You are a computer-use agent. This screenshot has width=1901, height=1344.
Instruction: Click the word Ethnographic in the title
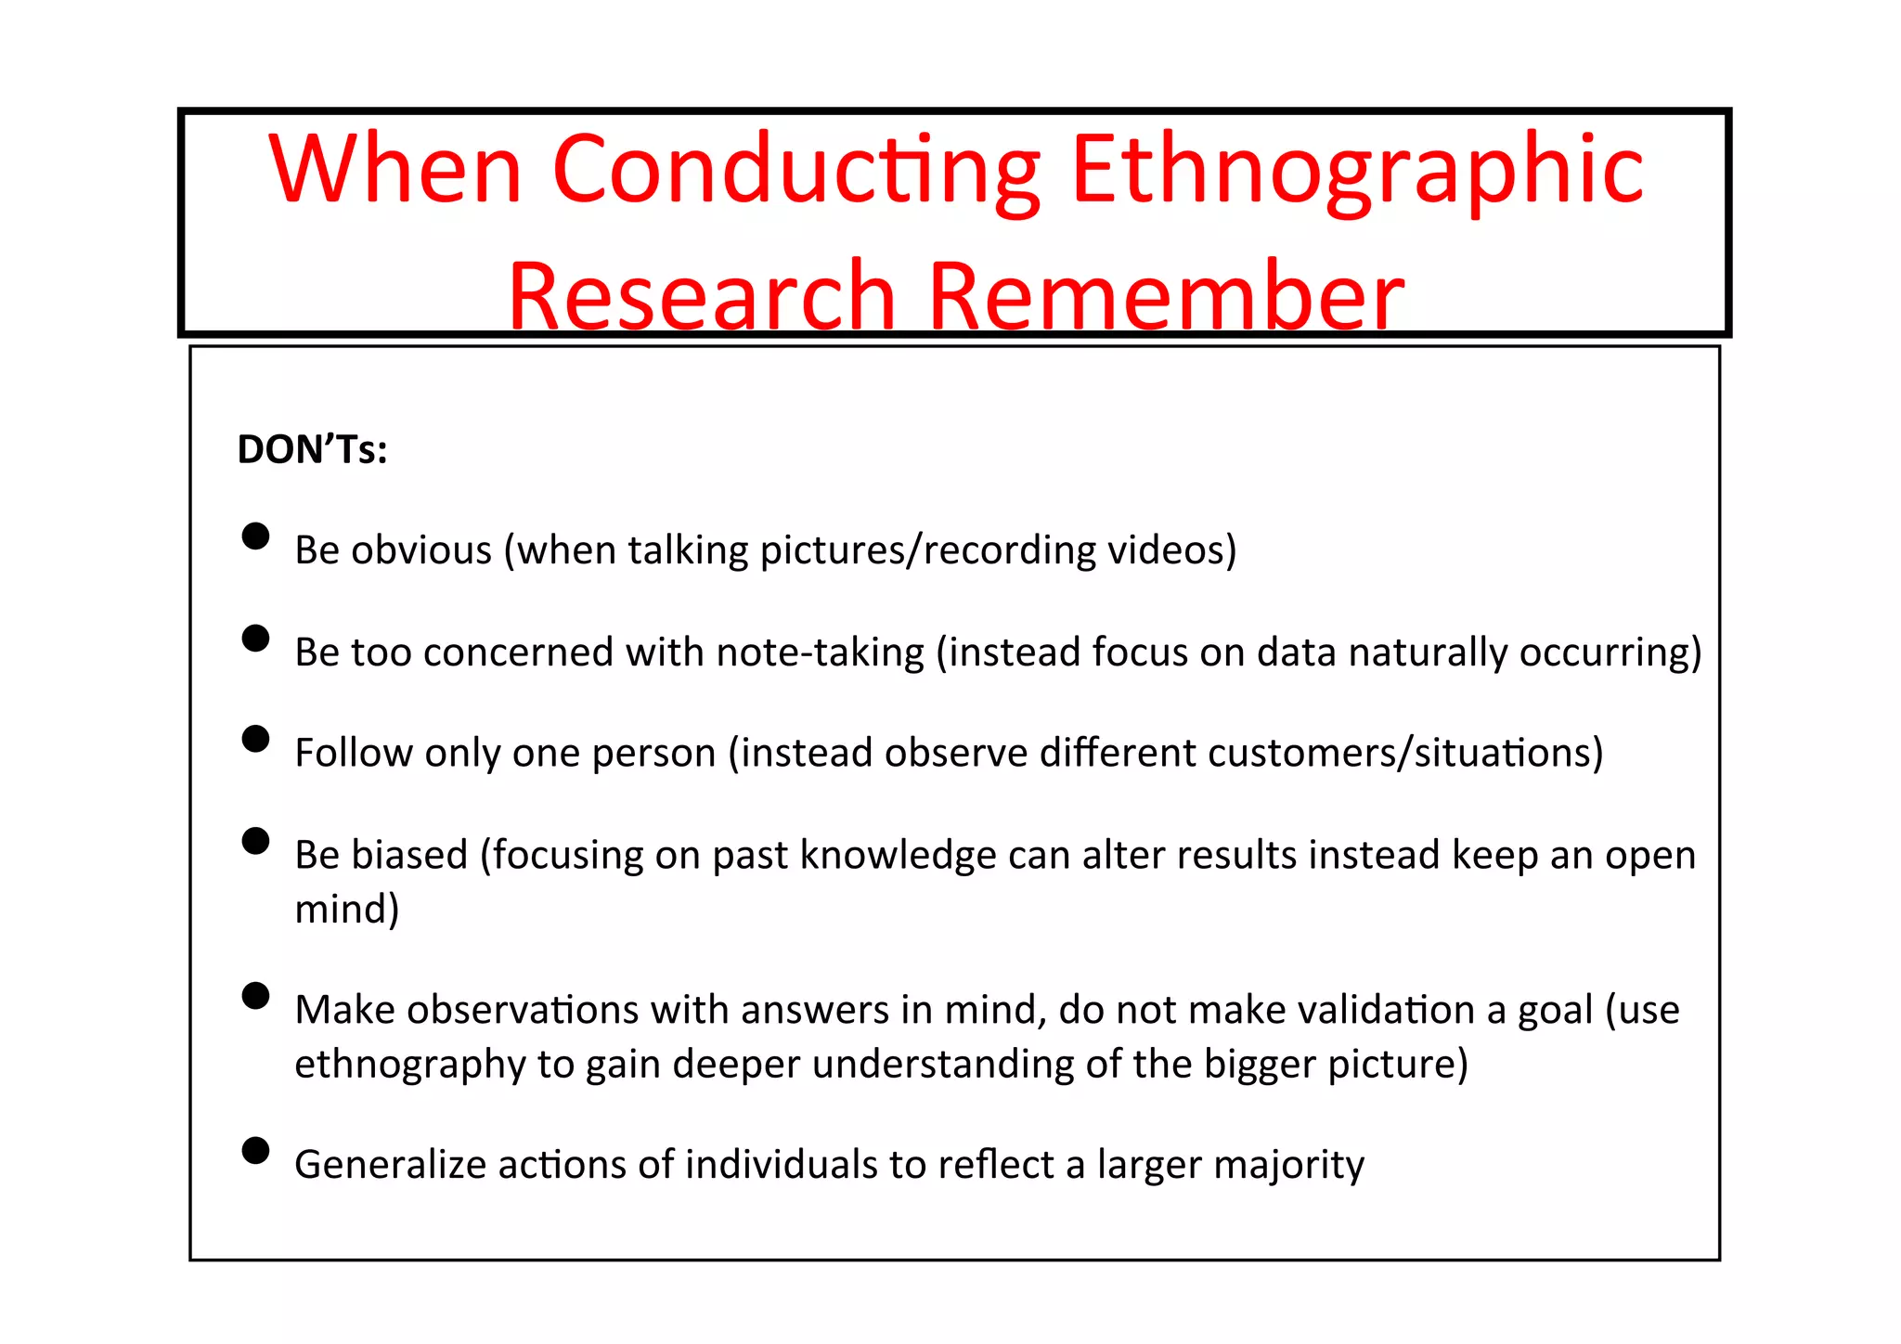1357,171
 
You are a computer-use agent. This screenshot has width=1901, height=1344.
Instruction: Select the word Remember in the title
1166,297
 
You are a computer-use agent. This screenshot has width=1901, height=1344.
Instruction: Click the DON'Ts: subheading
312,450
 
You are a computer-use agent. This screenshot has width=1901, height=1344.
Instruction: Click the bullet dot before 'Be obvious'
255,536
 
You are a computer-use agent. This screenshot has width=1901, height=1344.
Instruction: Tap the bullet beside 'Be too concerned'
255,639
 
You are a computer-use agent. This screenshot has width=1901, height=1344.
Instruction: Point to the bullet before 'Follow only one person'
255,739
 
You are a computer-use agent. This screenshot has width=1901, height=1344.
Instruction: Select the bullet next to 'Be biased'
255,841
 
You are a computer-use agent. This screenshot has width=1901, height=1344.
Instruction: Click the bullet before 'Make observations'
255,996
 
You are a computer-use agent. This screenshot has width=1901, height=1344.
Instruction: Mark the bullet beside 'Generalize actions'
255,1151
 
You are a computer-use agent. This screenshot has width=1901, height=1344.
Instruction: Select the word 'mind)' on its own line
346,909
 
